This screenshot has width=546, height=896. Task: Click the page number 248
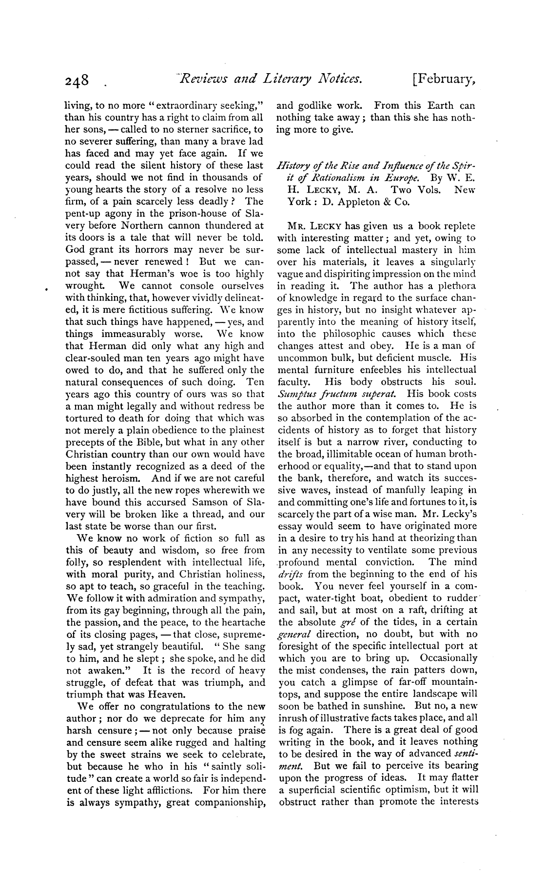(78, 80)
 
